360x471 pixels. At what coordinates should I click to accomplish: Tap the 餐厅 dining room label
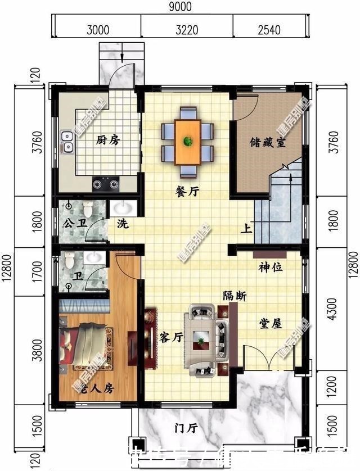point(187,192)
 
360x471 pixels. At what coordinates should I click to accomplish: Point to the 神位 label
point(271,268)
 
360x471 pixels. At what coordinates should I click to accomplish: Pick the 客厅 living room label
point(172,337)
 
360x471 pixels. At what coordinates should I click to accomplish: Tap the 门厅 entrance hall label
point(186,428)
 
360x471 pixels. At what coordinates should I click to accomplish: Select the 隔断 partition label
point(234,296)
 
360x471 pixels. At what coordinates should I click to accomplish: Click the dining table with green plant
point(187,141)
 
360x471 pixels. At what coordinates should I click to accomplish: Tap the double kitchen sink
point(67,142)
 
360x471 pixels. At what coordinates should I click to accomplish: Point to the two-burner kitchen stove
point(106,182)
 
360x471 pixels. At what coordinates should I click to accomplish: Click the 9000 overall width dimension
point(179,7)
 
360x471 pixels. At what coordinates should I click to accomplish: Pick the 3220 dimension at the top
point(186,29)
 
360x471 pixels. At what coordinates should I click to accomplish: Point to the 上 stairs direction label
point(246,228)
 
